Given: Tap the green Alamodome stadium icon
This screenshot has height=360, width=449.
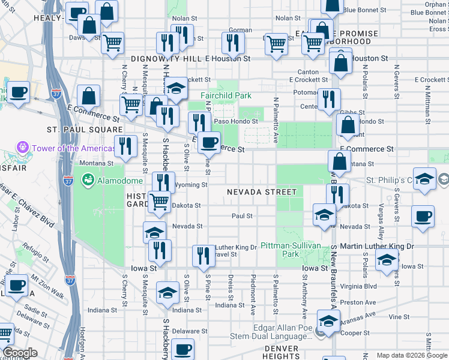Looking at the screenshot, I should pos(87,179).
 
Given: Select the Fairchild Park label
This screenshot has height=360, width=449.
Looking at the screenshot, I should pos(226,95).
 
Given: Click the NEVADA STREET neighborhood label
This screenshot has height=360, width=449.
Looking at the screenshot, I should pos(261,192).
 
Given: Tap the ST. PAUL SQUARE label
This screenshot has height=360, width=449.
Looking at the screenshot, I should pos(85,129).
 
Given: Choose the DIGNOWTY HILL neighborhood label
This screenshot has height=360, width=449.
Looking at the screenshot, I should pos(167,59).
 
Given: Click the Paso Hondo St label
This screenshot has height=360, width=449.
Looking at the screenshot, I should pos(236,121).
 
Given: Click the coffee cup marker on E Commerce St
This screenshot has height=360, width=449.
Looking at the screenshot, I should pos(209,142).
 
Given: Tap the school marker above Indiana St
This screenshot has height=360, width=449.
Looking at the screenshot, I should pos(167,292).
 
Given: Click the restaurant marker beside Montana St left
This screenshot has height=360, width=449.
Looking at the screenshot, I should pos(125,146).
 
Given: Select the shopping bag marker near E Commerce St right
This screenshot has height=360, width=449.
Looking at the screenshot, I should pos(348,125).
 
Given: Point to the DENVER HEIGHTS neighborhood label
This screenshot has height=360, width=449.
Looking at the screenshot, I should pos(281,352).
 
